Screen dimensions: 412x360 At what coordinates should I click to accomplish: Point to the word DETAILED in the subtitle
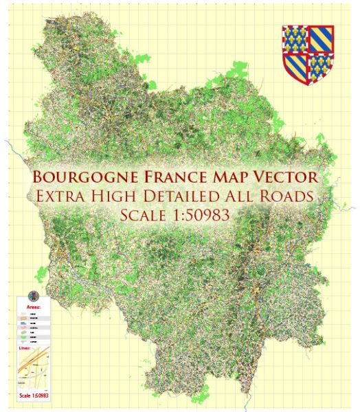coord(186,196)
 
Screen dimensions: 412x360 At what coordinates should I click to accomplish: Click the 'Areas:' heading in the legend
coord(34,307)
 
